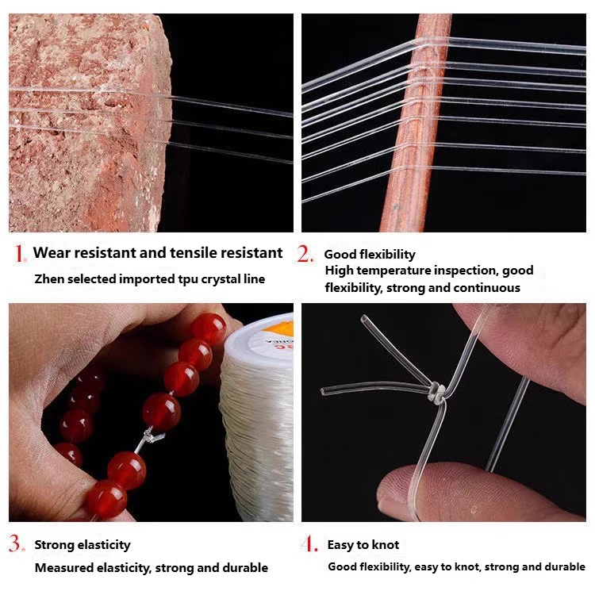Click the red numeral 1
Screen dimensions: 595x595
(19, 253)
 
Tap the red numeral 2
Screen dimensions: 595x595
(305, 253)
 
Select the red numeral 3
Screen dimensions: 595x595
(16, 543)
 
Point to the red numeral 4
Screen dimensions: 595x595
(309, 543)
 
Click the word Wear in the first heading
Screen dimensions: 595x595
(52, 253)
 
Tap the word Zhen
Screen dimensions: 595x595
(49, 279)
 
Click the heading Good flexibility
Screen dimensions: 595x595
(370, 255)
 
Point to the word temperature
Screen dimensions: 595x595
(394, 271)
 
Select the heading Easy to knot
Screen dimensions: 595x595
(363, 545)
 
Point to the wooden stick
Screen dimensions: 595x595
(417, 122)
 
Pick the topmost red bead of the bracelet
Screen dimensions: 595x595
(209, 329)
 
